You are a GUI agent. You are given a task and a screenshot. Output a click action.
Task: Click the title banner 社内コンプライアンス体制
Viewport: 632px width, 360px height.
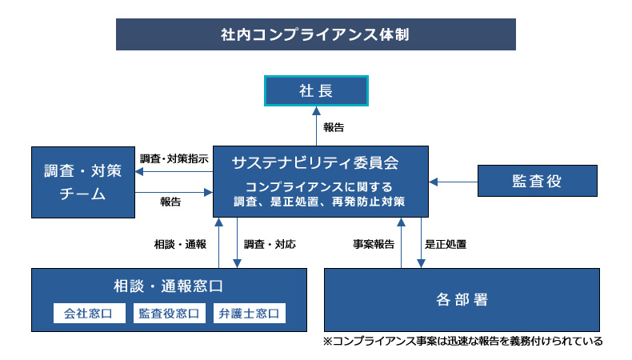315,34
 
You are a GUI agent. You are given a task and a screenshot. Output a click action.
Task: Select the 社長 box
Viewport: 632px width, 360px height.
316,90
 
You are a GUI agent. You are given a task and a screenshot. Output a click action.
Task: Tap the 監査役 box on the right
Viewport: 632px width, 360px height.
538,181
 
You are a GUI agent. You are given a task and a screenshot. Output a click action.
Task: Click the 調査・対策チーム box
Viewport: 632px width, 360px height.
83,182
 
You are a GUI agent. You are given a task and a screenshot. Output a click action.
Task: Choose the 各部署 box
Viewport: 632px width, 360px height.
462,300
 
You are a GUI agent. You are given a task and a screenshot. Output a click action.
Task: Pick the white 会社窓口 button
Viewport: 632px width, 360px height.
89,314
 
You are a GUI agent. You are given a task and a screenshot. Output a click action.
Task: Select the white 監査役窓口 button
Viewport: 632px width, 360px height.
170,314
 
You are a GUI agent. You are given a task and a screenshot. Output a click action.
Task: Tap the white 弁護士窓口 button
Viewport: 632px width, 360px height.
250,314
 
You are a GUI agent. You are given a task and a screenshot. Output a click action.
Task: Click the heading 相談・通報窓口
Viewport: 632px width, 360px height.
168,286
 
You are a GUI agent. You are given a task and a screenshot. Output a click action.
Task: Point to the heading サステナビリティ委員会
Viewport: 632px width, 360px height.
315,163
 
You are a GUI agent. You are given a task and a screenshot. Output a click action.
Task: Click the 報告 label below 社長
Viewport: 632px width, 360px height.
334,127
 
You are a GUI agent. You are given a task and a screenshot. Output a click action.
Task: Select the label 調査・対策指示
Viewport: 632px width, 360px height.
174,159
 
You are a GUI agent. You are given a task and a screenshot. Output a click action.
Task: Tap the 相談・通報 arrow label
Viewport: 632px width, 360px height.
180,244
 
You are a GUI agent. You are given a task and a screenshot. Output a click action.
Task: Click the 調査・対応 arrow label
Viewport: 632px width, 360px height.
270,244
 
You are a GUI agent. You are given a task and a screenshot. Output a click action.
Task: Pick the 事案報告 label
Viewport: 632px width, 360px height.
374,244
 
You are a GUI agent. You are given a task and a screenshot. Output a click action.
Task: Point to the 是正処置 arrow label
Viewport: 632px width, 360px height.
446,244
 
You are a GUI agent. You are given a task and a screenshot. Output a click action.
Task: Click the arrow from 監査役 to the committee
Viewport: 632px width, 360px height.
453,182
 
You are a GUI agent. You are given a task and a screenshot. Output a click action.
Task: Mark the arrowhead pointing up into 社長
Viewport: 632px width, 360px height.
317,111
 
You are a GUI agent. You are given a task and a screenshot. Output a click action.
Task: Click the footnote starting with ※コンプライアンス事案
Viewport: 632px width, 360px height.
462,341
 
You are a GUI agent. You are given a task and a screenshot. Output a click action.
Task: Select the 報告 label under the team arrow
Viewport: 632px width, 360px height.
170,202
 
